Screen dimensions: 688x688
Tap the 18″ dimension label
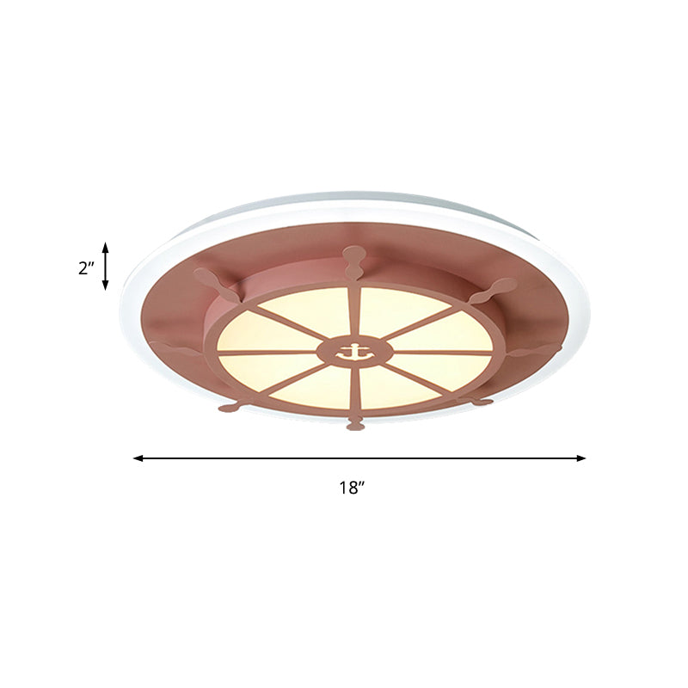click(x=351, y=488)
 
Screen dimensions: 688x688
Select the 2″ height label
click(x=85, y=267)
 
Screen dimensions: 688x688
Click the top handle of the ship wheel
click(x=353, y=258)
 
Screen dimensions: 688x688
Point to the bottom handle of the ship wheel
click(x=354, y=422)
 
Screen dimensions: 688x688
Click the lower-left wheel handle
click(x=230, y=406)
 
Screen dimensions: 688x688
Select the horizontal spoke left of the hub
click(x=267, y=352)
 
